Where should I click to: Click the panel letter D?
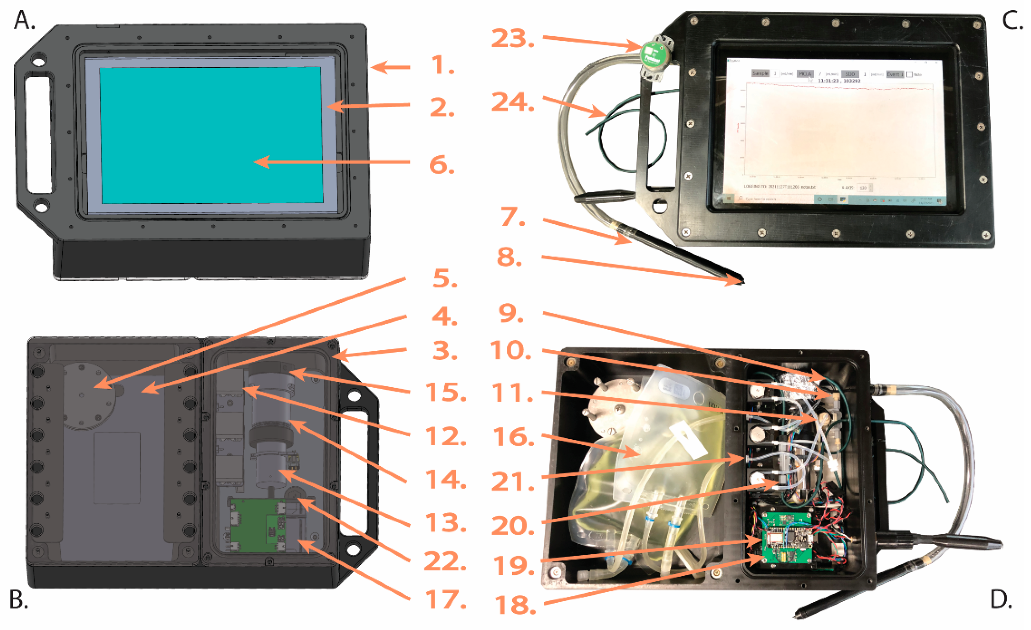[1001, 599]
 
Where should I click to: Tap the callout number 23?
[512, 38]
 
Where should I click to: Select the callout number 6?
[441, 165]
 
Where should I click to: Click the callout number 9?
[511, 313]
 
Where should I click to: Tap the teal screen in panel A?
[211, 135]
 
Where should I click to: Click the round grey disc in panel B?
[88, 395]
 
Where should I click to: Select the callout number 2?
[441, 108]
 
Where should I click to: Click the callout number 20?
[512, 525]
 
